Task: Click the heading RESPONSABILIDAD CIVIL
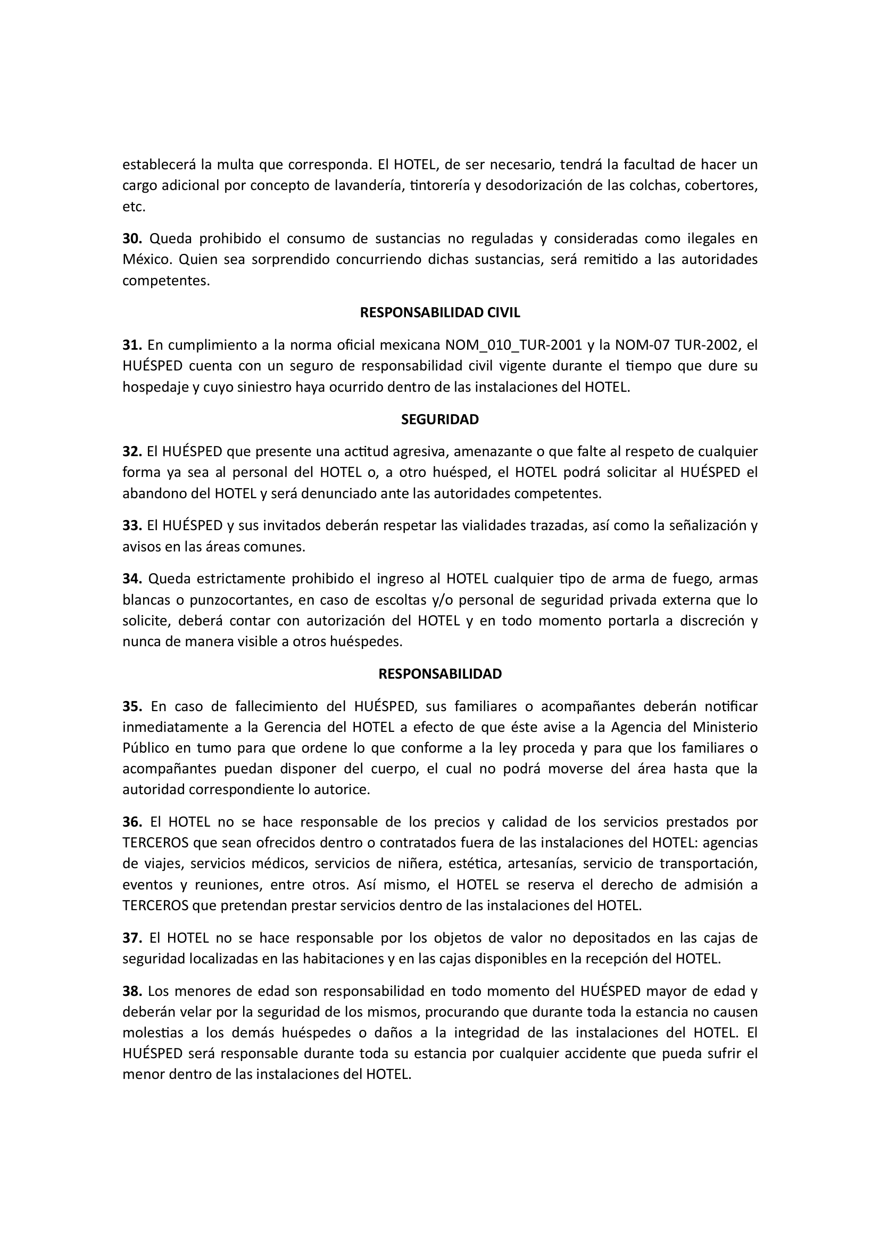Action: click(439, 313)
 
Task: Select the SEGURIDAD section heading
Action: click(439, 419)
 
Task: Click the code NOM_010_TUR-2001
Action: click(514, 345)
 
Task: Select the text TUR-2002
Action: click(705, 345)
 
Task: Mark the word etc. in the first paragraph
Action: click(134, 207)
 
